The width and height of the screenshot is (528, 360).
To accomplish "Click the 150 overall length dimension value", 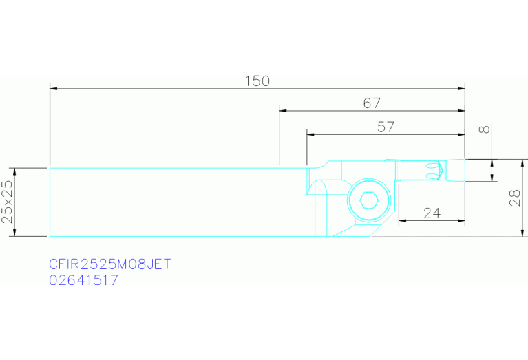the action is pyautogui.click(x=257, y=81).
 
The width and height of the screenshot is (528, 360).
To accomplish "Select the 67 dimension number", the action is pyautogui.click(x=372, y=103).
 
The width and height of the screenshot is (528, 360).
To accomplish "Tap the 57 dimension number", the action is pyautogui.click(x=386, y=127).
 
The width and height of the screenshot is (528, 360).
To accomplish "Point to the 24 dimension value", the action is pyautogui.click(x=432, y=213).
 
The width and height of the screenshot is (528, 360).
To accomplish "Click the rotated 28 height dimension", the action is pyautogui.click(x=515, y=198).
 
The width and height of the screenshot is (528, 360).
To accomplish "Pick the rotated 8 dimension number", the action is pyautogui.click(x=484, y=129).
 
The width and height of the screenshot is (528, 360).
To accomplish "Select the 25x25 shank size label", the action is pyautogui.click(x=8, y=202).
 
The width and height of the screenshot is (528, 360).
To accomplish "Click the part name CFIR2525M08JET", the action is pyautogui.click(x=110, y=264).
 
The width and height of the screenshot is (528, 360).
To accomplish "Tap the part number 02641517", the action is pyautogui.click(x=84, y=280).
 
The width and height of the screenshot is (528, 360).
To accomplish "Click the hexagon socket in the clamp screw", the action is pyautogui.click(x=369, y=200).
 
